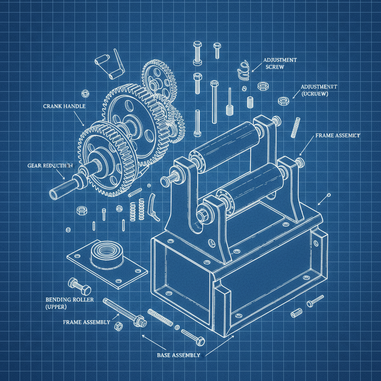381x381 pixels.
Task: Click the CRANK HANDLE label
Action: (64, 106)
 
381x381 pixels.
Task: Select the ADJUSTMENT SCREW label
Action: (280, 63)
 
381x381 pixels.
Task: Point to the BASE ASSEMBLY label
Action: (178, 355)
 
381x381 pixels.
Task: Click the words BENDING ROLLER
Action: (70, 300)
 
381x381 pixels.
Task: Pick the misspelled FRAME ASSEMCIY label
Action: (337, 136)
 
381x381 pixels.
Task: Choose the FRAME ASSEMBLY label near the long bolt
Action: (86, 322)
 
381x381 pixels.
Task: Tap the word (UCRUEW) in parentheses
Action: (315, 94)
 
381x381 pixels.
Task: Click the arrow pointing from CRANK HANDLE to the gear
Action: (80, 120)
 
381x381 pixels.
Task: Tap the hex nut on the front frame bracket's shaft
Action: (201, 216)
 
